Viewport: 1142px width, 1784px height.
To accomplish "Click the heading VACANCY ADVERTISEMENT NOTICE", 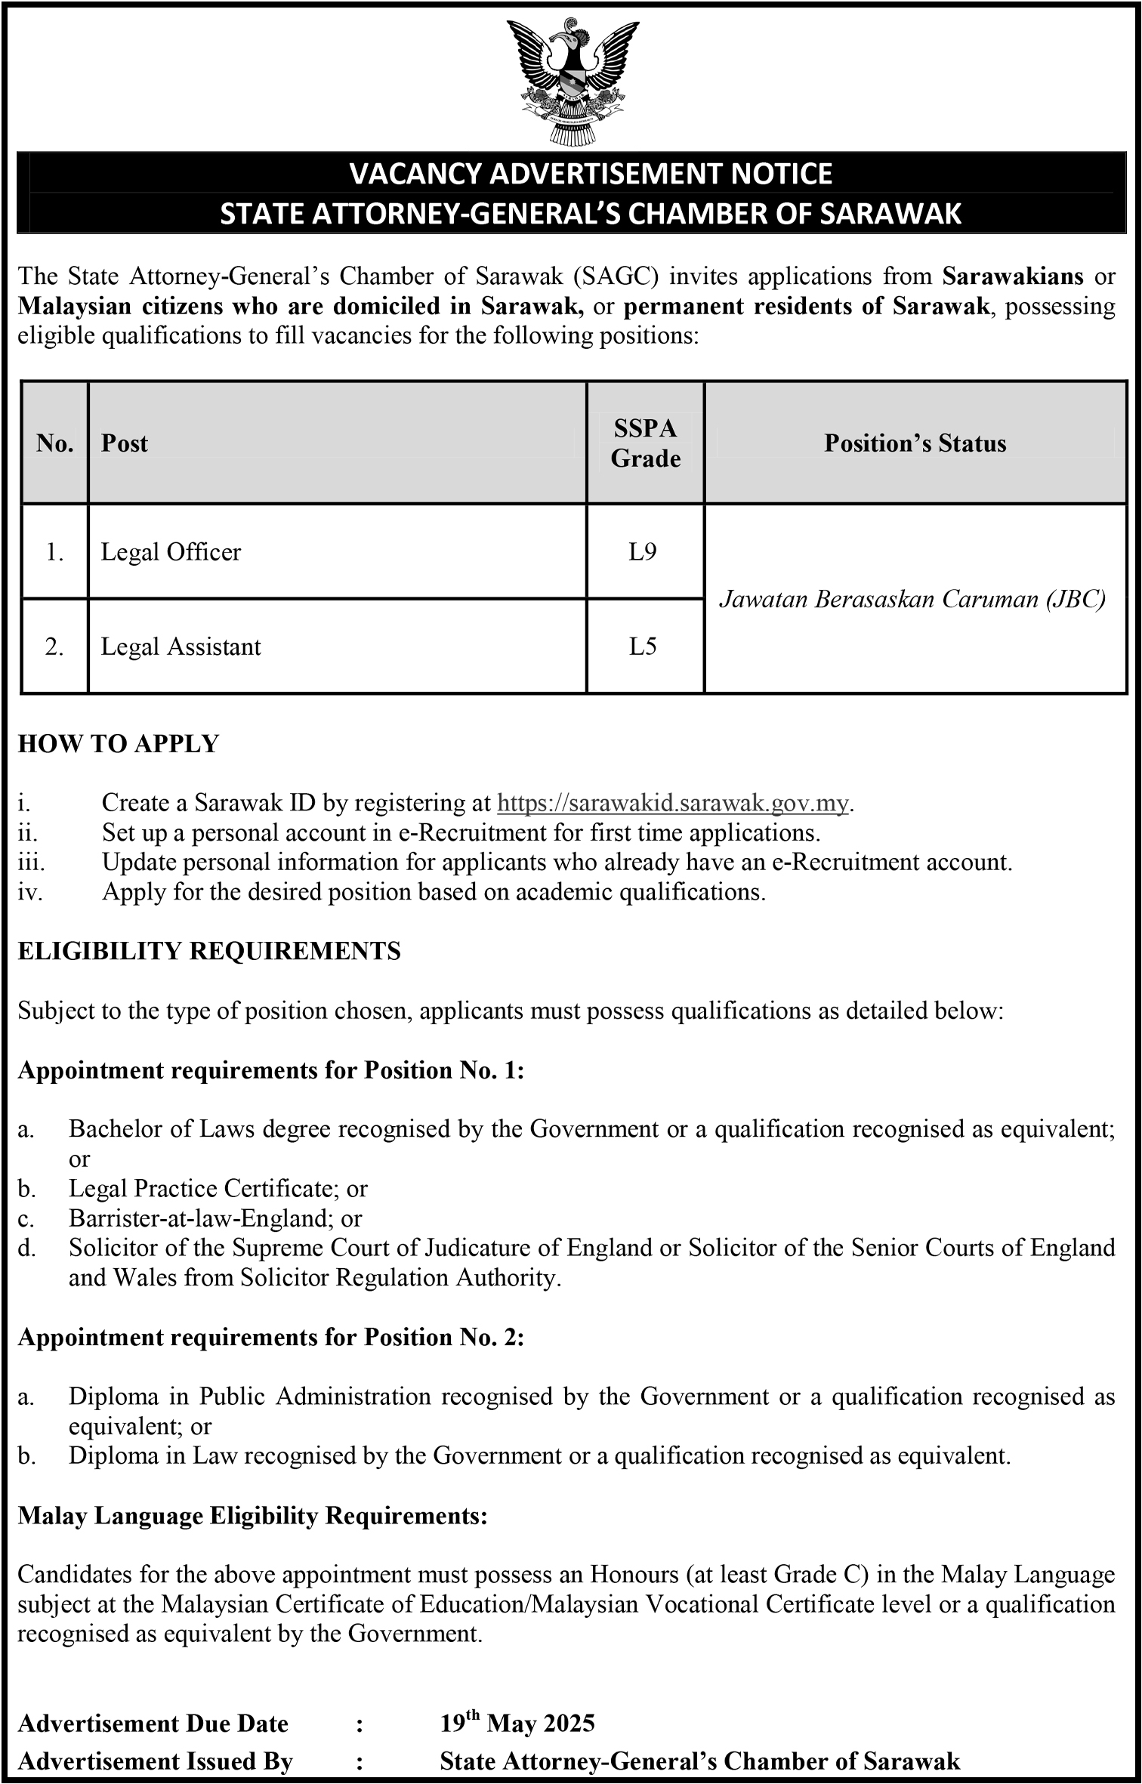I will tap(591, 174).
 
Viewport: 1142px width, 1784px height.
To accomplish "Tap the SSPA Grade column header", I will tap(645, 443).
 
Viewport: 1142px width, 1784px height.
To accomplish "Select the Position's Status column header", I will tap(915, 443).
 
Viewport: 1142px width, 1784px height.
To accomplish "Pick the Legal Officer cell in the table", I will tap(171, 552).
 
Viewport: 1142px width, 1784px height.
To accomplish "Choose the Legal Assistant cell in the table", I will tap(181, 647).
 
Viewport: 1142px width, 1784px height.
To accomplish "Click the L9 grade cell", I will tap(643, 552).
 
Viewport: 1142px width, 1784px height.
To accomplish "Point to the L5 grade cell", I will tap(643, 647).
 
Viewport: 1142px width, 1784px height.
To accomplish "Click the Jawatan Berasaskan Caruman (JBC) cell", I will tap(912, 599).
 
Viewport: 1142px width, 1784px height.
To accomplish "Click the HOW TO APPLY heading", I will tap(119, 744).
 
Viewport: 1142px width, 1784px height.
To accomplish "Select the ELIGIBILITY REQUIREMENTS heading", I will tap(209, 951).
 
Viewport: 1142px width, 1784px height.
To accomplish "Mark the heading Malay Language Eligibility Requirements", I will tap(252, 1516).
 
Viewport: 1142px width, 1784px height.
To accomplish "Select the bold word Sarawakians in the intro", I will tap(1013, 276).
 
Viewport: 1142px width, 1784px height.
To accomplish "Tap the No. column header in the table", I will tap(54, 443).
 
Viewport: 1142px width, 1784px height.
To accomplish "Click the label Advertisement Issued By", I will tap(155, 1761).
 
